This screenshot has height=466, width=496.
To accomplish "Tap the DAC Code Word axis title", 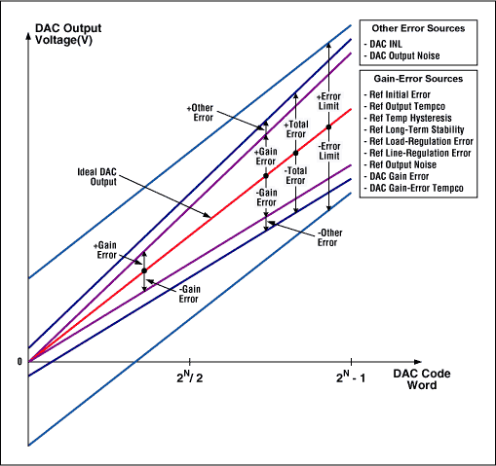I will click(x=422, y=379).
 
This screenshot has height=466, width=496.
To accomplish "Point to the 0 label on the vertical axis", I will click(x=18, y=362).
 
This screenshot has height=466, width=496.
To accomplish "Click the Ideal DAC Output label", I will click(x=98, y=178).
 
